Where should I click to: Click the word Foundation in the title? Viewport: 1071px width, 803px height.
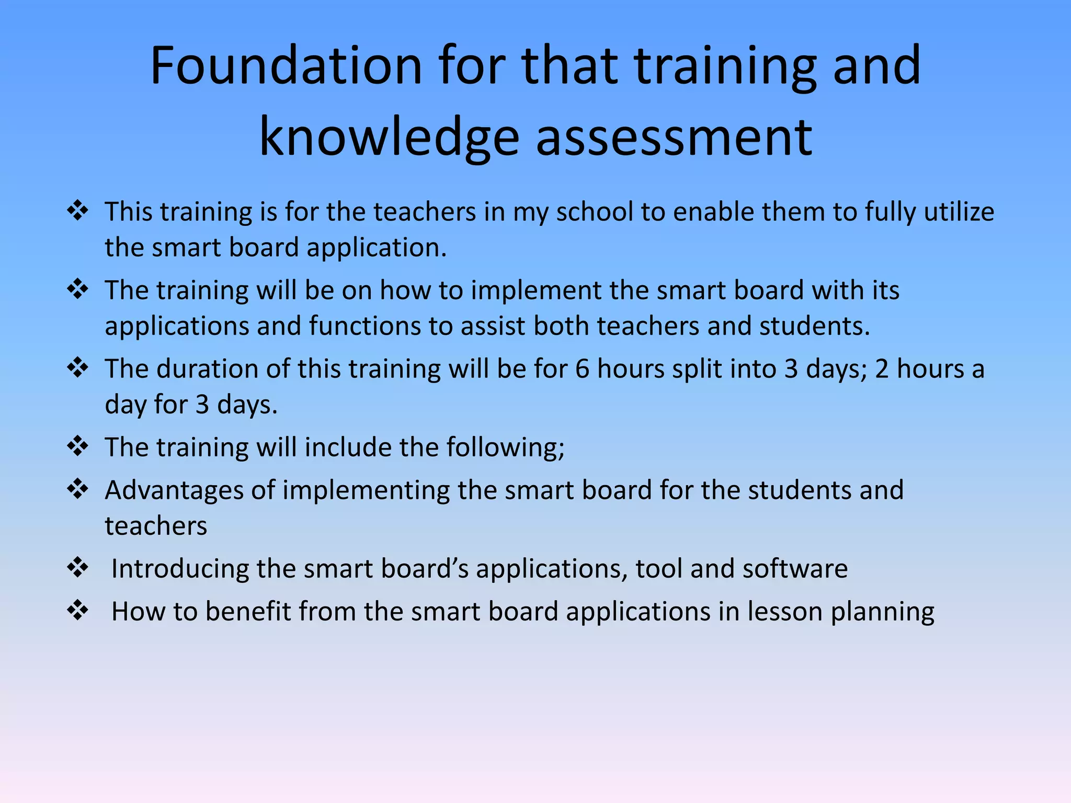[286, 66]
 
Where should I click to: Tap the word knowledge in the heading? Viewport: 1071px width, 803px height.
[389, 137]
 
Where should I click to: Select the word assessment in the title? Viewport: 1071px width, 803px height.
[674, 137]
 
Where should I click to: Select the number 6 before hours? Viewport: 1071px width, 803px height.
[582, 369]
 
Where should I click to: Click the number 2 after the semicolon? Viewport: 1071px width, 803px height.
[882, 369]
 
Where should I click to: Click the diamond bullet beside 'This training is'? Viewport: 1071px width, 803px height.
[78, 211]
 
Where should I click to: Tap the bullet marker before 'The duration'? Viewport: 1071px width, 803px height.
[78, 368]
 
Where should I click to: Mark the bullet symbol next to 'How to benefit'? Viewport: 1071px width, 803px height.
[78, 610]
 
